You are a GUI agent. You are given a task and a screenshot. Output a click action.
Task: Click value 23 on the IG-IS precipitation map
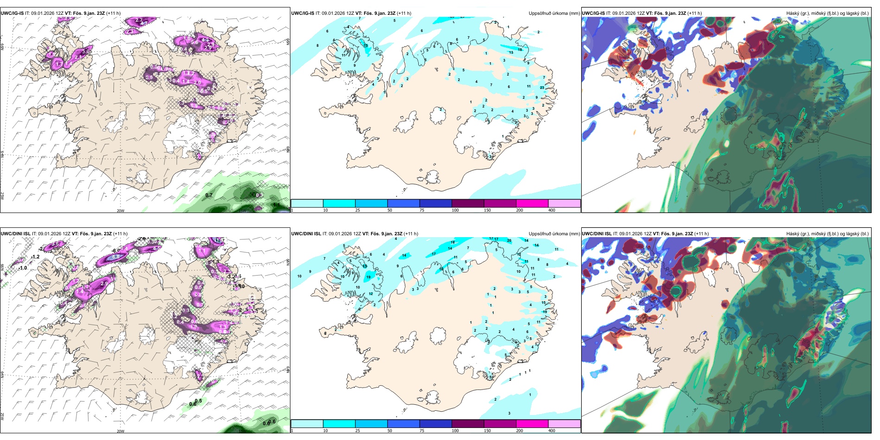(x=542, y=88)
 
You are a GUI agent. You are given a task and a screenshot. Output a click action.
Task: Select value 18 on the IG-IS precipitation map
(x=520, y=50)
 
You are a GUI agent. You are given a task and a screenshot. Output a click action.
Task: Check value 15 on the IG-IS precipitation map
(x=366, y=45)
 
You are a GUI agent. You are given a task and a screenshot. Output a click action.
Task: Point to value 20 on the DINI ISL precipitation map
(x=509, y=240)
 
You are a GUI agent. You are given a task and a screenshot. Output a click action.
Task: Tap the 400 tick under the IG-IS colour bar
(x=552, y=210)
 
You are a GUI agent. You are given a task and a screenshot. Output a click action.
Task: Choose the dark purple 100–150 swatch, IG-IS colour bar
(x=467, y=203)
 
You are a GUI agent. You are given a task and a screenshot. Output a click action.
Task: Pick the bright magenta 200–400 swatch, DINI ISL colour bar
(x=532, y=424)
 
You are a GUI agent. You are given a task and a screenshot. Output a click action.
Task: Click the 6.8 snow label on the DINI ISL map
(x=116, y=257)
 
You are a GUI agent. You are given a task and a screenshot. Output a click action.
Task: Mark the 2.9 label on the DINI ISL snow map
(x=104, y=283)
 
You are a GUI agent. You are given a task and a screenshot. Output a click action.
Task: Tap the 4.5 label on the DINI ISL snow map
(x=157, y=248)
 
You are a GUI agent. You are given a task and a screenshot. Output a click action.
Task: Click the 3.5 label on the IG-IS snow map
(x=149, y=77)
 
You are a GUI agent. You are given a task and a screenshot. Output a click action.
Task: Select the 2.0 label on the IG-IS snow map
(x=197, y=82)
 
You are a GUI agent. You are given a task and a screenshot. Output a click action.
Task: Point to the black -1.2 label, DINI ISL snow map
(x=35, y=257)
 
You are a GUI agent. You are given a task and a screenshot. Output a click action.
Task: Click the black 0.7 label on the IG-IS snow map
(x=209, y=195)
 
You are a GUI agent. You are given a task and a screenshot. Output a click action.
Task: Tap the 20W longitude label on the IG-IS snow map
(x=120, y=211)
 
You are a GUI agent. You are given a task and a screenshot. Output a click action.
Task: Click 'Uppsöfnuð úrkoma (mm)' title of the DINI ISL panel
(x=554, y=234)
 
